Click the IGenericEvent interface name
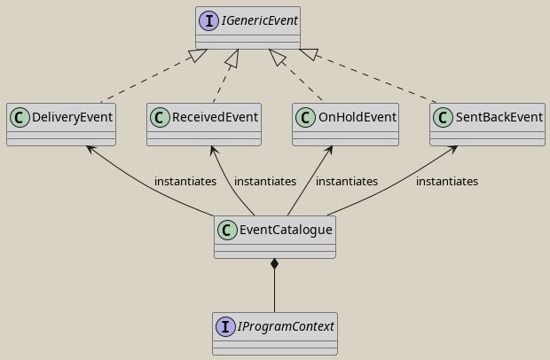(x=259, y=20)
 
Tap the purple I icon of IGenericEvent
(x=209, y=20)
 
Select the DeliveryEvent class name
(x=72, y=117)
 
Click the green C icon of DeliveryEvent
(x=20, y=117)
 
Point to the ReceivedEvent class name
(x=215, y=117)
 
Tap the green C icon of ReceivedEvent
(x=160, y=117)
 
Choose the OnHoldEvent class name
(x=356, y=117)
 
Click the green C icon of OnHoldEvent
(x=305, y=117)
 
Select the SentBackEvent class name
(x=499, y=117)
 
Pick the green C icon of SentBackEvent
(x=443, y=117)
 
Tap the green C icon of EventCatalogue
(x=227, y=230)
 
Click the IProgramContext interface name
(x=286, y=326)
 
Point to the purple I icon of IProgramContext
(x=225, y=326)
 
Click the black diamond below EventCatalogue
(x=275, y=264)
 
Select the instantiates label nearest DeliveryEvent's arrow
(x=185, y=181)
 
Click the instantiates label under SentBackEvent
(x=446, y=181)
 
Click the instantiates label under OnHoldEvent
(x=346, y=181)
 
